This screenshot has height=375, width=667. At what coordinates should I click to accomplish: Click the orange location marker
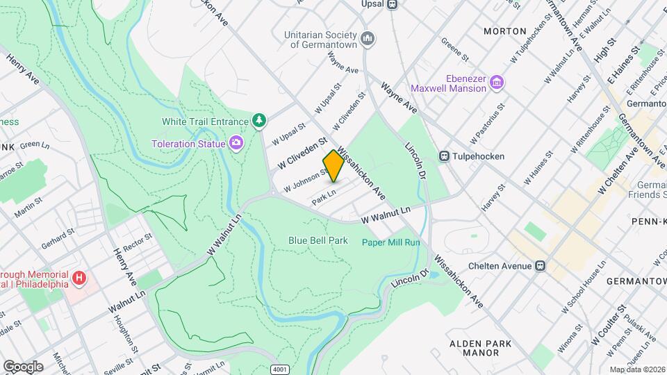[x=333, y=166]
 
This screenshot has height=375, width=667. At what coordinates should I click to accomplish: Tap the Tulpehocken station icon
[x=444, y=156]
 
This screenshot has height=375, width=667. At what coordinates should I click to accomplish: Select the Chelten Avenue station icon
[x=539, y=265]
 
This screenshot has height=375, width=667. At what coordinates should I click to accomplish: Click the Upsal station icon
[x=393, y=3]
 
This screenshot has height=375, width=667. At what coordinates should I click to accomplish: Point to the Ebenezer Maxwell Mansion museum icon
[x=496, y=83]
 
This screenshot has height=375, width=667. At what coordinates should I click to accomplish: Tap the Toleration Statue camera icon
[x=237, y=143]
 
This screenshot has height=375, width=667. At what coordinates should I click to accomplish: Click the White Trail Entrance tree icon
[x=259, y=121]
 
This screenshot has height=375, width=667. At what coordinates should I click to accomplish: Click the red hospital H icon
[x=79, y=278]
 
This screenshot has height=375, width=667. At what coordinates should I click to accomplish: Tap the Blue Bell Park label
[x=318, y=240]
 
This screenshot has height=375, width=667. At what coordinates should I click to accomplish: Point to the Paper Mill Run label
[x=390, y=242]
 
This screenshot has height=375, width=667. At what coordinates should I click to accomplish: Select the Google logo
[x=23, y=366]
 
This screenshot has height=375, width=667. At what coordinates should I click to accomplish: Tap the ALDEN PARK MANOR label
[x=480, y=348]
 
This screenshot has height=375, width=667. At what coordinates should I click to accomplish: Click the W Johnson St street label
[x=305, y=180]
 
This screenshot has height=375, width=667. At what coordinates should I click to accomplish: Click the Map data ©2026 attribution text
[x=636, y=369]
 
